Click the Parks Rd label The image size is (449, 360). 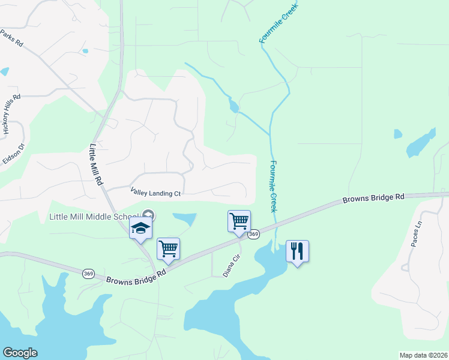[x=11, y=39]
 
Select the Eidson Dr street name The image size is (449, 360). [x=14, y=151]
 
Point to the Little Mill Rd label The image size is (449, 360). [x=97, y=164]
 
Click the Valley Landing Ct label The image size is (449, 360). [x=155, y=193]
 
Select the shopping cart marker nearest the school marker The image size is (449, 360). [x=168, y=248]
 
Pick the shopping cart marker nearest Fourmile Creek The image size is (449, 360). [x=239, y=221]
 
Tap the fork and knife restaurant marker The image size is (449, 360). [x=297, y=251]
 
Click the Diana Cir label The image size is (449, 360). [x=232, y=264]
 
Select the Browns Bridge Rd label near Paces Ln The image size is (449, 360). [x=373, y=198]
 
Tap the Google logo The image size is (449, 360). [x=20, y=353]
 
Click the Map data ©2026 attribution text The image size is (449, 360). [x=423, y=355]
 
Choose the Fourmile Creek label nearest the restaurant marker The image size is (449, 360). [x=273, y=186]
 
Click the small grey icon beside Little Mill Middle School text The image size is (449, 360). [x=149, y=215]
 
